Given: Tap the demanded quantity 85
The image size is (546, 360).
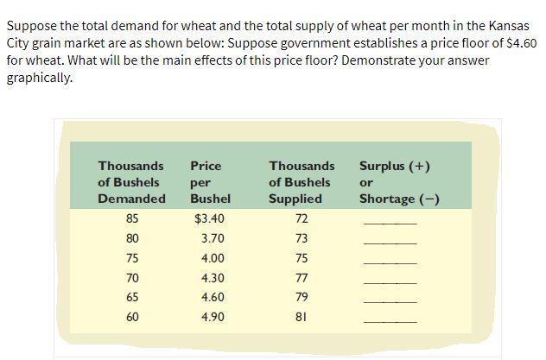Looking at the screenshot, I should coord(131,218).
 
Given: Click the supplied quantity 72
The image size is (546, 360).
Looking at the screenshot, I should coord(301,218).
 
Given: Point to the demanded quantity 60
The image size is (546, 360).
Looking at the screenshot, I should coord(131,316).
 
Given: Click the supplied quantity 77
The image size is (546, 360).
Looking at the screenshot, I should coord(301,277).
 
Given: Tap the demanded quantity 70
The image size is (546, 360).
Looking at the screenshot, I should coord(131,277).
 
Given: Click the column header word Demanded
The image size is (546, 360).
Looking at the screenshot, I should coord(131,199).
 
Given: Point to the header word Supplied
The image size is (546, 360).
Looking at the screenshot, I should coord(295,199).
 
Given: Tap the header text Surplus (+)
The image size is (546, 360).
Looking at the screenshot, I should coord(395,166).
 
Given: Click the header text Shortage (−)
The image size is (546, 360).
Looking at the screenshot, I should coord(400,199).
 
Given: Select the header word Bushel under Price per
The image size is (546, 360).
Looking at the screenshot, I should coord(205,199).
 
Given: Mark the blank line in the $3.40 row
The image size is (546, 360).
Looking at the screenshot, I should coord(390,224).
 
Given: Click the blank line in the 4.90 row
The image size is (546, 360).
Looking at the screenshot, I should coord(390,321).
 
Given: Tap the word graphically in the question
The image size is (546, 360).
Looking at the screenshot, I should coord(39,77).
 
